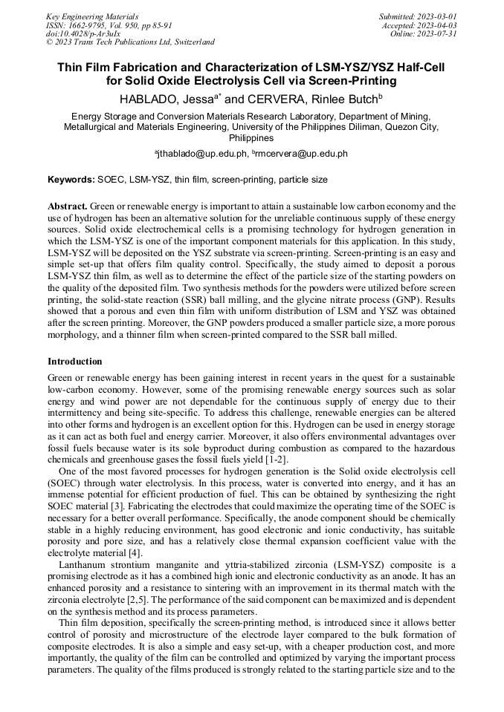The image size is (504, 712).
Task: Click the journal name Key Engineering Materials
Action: (92, 16)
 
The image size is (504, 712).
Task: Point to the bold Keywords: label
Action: (71, 180)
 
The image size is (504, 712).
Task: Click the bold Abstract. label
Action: (68, 206)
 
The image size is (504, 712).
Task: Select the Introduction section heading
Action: (75, 362)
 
